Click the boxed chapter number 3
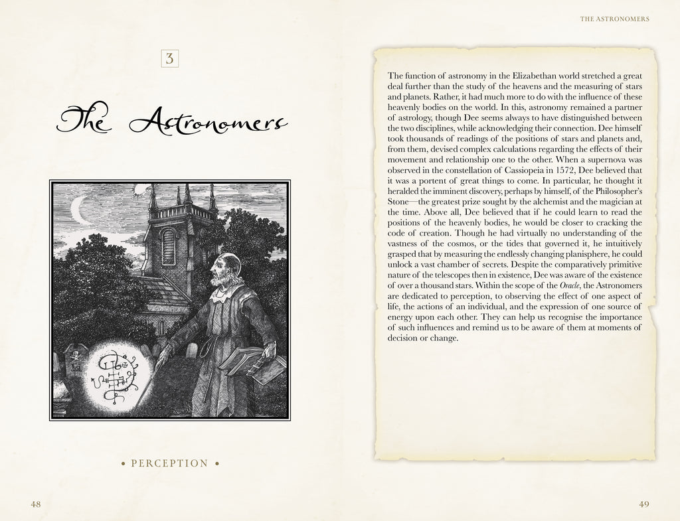(x=169, y=58)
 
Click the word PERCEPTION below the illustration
(x=169, y=463)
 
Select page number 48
(x=37, y=504)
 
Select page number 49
(x=643, y=504)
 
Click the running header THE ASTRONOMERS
(x=614, y=19)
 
